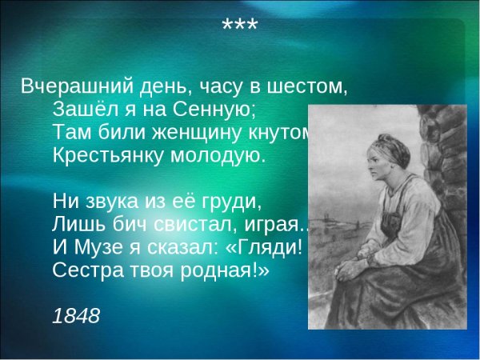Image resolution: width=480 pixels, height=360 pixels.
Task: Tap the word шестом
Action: pos(308,86)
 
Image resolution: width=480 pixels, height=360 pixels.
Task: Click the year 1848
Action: pos(76,316)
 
